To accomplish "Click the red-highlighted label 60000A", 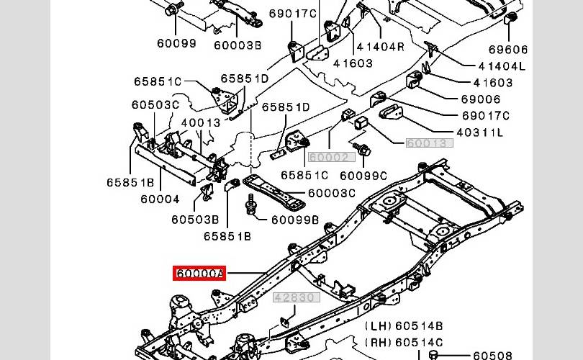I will click(x=199, y=274).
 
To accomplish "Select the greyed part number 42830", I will click(x=294, y=297).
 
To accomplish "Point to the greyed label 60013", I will click(x=430, y=143).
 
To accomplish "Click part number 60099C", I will click(x=363, y=175).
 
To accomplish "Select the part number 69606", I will click(x=509, y=50).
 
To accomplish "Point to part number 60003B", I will click(x=238, y=43).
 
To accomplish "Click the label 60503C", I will click(x=155, y=105).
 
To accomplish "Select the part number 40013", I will click(x=201, y=122).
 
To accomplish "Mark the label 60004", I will click(x=160, y=199).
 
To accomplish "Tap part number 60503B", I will click(x=195, y=220).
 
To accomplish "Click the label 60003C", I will click(x=332, y=193).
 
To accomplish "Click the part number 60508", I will click(x=492, y=355).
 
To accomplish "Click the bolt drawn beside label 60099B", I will click(x=252, y=204).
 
